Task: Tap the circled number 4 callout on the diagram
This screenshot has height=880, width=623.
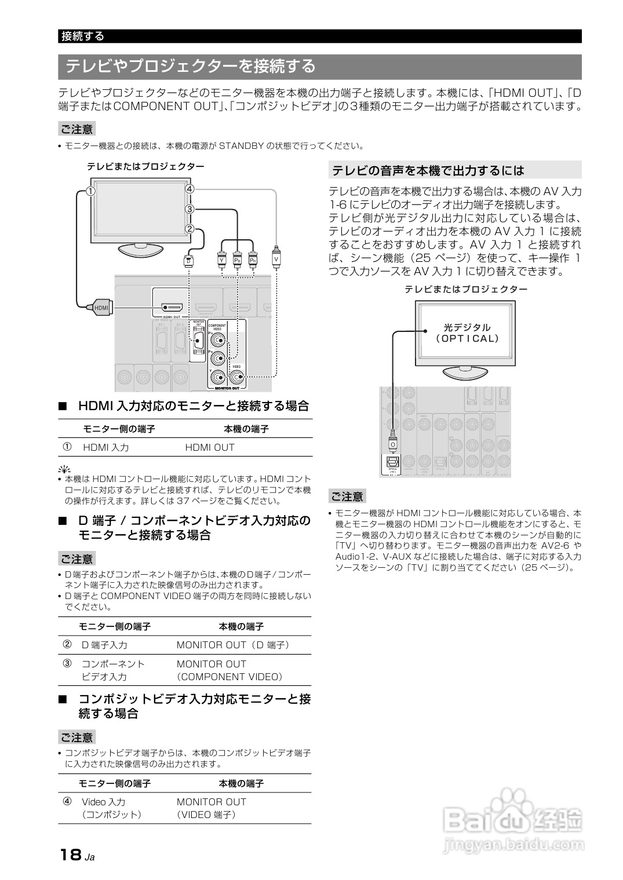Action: point(189,188)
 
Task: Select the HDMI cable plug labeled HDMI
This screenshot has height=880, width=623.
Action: point(100,307)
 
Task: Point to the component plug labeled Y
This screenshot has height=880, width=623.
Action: point(221,260)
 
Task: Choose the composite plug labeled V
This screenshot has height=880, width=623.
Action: point(276,258)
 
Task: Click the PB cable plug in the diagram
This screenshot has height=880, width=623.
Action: point(237,260)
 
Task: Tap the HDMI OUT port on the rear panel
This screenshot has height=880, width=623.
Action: point(172,307)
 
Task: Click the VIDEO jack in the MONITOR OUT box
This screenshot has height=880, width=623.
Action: point(236,377)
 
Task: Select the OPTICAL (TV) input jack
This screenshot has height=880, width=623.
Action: point(393,462)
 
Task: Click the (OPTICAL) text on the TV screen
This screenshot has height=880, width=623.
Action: point(467,339)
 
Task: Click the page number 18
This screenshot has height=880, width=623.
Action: point(70,855)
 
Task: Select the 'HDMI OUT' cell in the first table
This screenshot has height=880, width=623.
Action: point(210,447)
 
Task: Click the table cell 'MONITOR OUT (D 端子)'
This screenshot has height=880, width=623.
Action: point(233,645)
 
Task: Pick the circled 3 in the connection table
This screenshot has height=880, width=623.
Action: point(68,663)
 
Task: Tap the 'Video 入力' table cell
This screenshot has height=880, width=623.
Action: point(103,802)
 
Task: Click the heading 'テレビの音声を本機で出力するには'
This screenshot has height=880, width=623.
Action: point(428,170)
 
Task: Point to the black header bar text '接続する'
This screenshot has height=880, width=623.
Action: point(83,36)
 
